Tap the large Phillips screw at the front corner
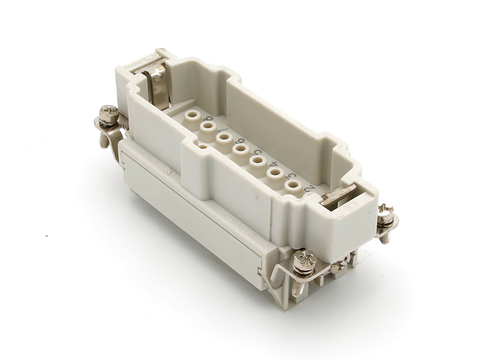click(x=305, y=260)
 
